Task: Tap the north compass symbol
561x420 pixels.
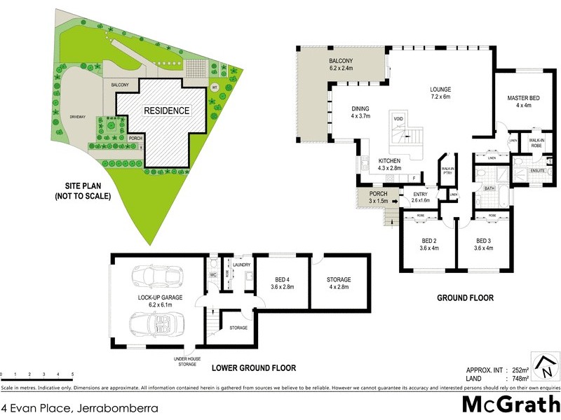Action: [x=544, y=367]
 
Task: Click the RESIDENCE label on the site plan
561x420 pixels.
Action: [x=166, y=111]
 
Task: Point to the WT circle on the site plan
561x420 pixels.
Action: [x=215, y=87]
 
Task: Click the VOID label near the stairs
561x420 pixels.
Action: [x=398, y=119]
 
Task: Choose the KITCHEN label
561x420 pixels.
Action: [x=389, y=161]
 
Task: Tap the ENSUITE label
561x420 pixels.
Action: [x=537, y=170]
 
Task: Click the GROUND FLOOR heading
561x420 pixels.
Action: [x=465, y=298]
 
